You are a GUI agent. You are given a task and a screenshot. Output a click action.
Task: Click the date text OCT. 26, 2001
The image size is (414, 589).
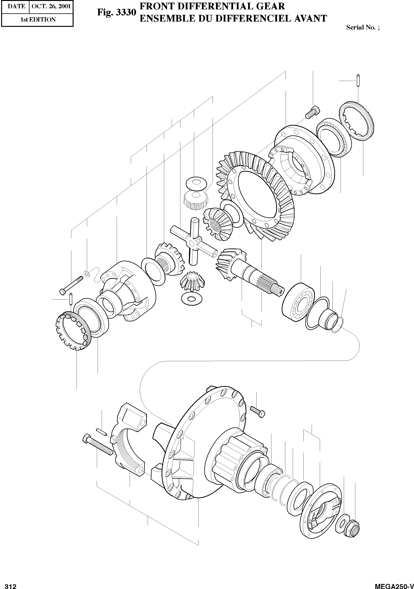pyautogui.click(x=51, y=6)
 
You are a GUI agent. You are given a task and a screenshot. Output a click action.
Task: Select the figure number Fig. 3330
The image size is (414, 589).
pyautogui.click(x=116, y=12)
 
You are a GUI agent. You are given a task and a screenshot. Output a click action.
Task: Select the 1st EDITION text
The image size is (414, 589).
pyautogui.click(x=38, y=20)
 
